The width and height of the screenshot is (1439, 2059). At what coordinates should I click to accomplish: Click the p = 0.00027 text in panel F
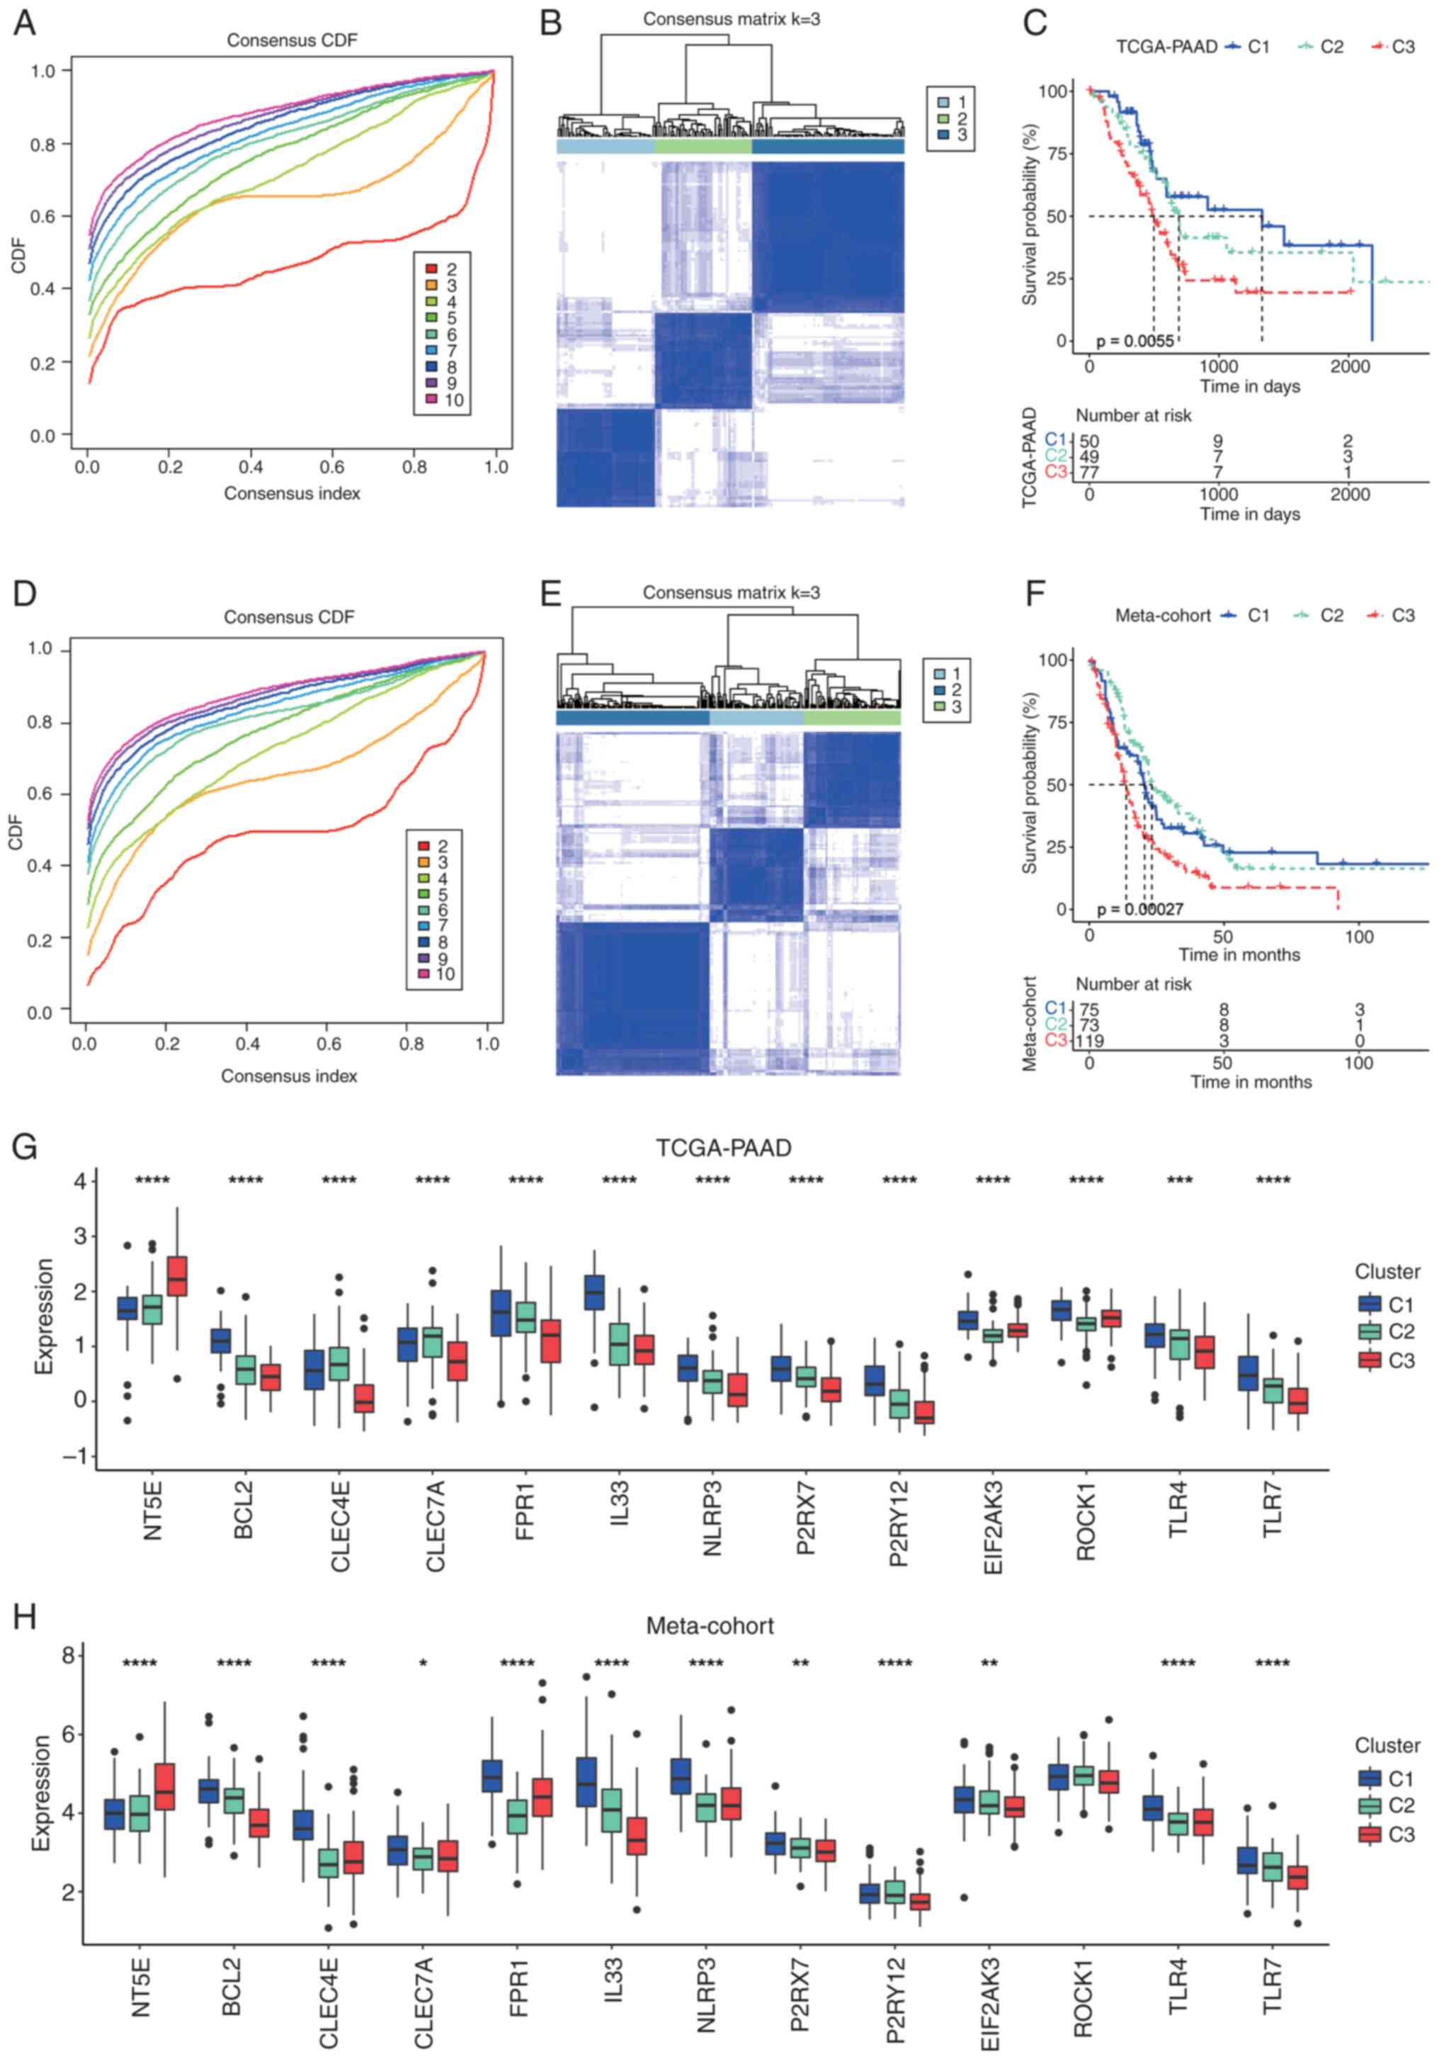(1139, 909)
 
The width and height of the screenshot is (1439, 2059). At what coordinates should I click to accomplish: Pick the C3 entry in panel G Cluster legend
(1388, 1360)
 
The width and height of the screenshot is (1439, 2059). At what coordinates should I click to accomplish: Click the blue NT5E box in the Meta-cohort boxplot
(115, 1814)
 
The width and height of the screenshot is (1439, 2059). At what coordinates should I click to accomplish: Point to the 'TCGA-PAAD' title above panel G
(724, 1148)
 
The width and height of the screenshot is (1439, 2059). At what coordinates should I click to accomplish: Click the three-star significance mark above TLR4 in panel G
(1179, 1181)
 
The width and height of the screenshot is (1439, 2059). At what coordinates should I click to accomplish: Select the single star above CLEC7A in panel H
(423, 1664)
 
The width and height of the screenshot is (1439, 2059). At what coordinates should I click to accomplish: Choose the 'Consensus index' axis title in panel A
(292, 493)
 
